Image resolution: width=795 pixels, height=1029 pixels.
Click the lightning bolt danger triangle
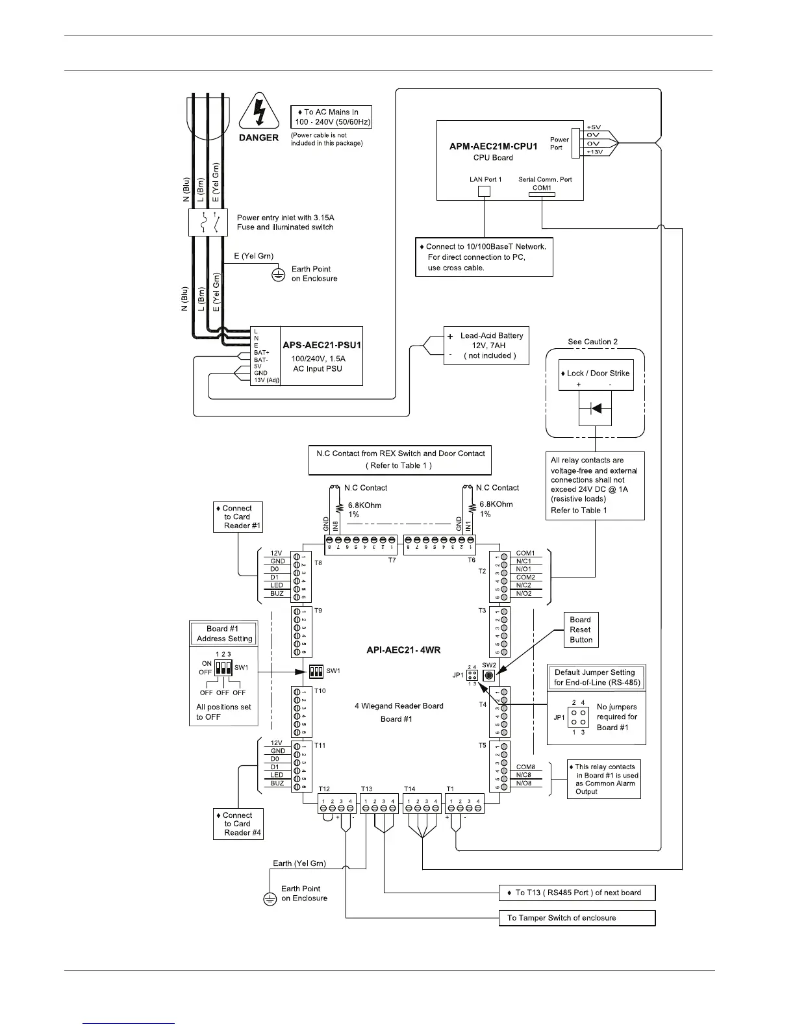click(x=259, y=115)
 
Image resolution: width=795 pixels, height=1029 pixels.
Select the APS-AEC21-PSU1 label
click(x=322, y=345)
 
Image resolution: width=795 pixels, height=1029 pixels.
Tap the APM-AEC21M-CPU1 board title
click(x=494, y=146)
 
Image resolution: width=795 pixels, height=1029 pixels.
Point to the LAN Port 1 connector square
click(x=484, y=192)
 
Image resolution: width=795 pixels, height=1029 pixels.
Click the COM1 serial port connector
click(x=541, y=196)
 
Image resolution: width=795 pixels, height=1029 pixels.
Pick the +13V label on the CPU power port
click(x=594, y=151)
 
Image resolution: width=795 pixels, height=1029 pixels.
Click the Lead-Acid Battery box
click(x=486, y=345)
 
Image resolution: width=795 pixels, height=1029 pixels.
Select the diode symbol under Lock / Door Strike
click(x=595, y=409)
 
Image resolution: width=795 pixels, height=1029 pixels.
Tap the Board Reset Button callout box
click(x=581, y=629)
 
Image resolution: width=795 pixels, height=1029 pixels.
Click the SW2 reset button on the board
click(x=489, y=675)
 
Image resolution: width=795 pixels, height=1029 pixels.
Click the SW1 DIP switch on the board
click(x=316, y=670)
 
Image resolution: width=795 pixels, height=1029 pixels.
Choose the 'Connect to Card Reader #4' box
click(x=238, y=824)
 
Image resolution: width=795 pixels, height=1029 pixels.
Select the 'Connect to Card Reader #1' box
click(x=238, y=517)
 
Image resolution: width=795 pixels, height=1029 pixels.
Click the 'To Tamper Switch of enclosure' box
click(x=577, y=918)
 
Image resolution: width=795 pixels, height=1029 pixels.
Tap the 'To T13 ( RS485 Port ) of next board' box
click(x=577, y=893)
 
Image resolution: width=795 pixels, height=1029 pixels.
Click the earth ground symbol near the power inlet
click(x=279, y=275)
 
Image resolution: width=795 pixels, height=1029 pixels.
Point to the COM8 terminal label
click(x=524, y=767)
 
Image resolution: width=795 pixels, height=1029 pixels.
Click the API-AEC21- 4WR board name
click(x=399, y=650)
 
